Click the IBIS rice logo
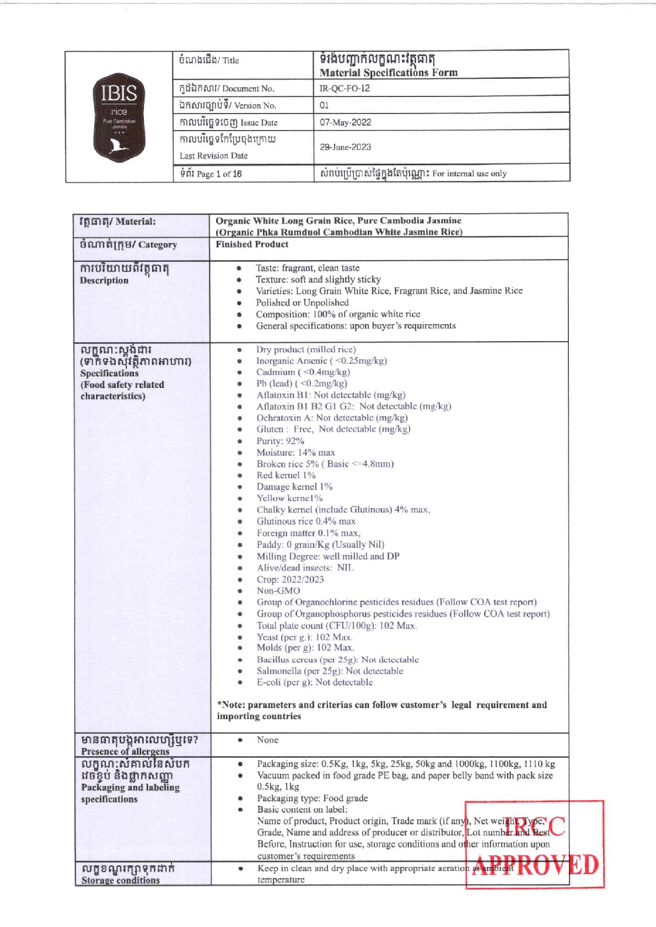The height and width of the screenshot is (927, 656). tap(119, 117)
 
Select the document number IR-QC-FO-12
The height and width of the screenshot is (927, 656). tap(345, 88)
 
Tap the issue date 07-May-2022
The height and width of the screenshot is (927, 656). tap(345, 122)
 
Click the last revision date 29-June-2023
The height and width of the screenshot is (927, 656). tap(345, 147)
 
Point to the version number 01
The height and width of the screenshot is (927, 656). tap(324, 105)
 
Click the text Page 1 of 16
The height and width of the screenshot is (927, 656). tap(219, 174)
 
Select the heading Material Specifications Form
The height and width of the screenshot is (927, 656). tap(388, 73)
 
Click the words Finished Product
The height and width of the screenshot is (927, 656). tap(252, 244)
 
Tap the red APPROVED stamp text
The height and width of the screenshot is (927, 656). tap(535, 866)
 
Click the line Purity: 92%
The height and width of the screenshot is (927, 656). tap(280, 441)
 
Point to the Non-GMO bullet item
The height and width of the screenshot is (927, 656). tap(278, 591)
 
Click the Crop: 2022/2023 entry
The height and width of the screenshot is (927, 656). tap(290, 579)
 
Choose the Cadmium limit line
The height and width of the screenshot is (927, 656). tap(303, 372)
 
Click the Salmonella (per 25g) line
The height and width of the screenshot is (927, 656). tap(330, 671)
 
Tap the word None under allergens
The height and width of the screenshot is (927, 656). tap(267, 740)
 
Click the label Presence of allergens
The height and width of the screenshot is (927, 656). tap(125, 751)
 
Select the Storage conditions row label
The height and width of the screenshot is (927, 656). tap(120, 880)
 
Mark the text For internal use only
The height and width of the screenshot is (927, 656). tap(469, 174)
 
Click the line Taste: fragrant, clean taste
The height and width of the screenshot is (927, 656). tap(307, 268)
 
